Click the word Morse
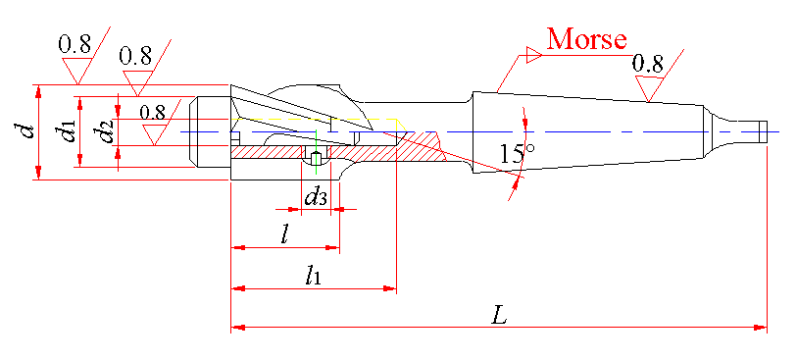(x=586, y=38)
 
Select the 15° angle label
(x=517, y=153)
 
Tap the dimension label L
(x=500, y=317)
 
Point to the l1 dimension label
(x=313, y=276)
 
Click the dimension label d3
(x=315, y=195)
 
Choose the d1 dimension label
(x=66, y=131)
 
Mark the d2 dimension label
(x=105, y=131)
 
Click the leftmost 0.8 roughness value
(x=75, y=44)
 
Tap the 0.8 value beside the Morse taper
(x=648, y=64)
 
